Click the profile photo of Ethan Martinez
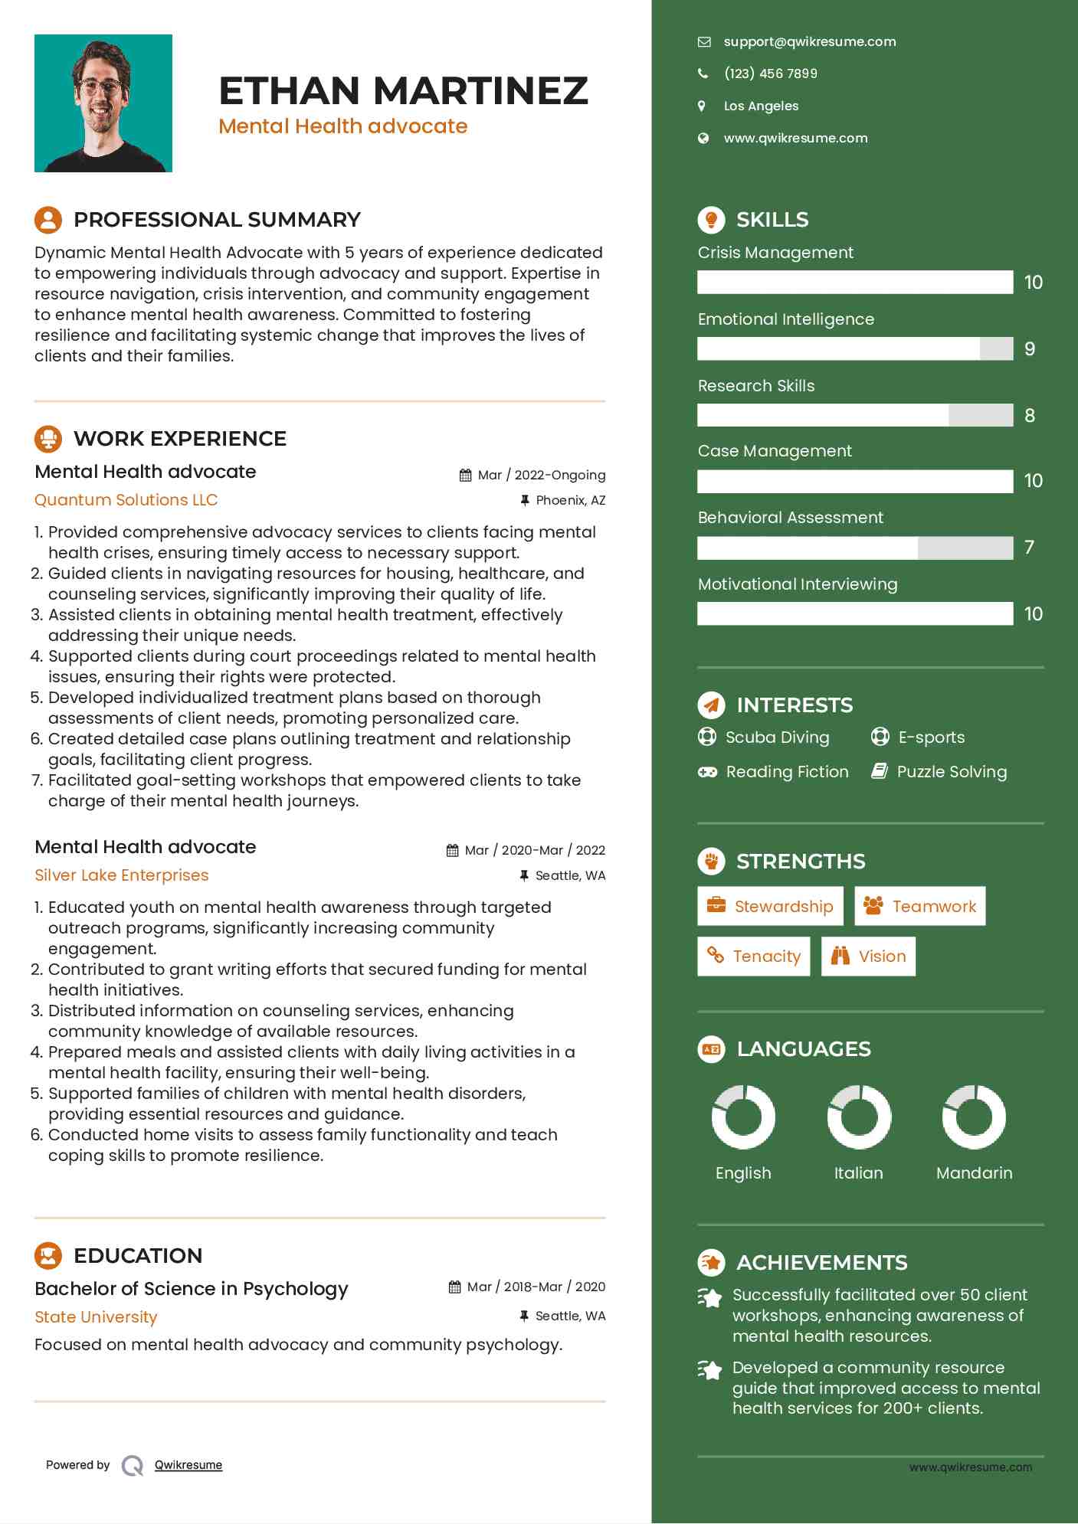click(x=103, y=103)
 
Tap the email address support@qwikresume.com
click(x=809, y=42)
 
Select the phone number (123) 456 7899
click(x=770, y=74)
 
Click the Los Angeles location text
click(x=761, y=106)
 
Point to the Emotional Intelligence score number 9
click(x=1030, y=349)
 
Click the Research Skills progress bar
click(x=855, y=415)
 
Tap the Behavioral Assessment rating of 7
click(x=1029, y=548)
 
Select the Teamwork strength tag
click(x=919, y=907)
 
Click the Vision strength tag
click(x=868, y=957)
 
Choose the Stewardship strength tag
click(x=770, y=907)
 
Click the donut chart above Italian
click(x=859, y=1117)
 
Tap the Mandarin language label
click(x=974, y=1173)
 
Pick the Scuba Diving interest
click(x=777, y=737)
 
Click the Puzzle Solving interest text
click(x=952, y=772)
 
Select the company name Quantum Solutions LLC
click(x=126, y=500)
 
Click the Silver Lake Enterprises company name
click(x=122, y=875)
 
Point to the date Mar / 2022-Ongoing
click(x=541, y=475)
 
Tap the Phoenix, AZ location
click(x=570, y=500)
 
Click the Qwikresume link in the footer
click(x=188, y=1465)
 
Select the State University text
click(x=96, y=1317)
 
